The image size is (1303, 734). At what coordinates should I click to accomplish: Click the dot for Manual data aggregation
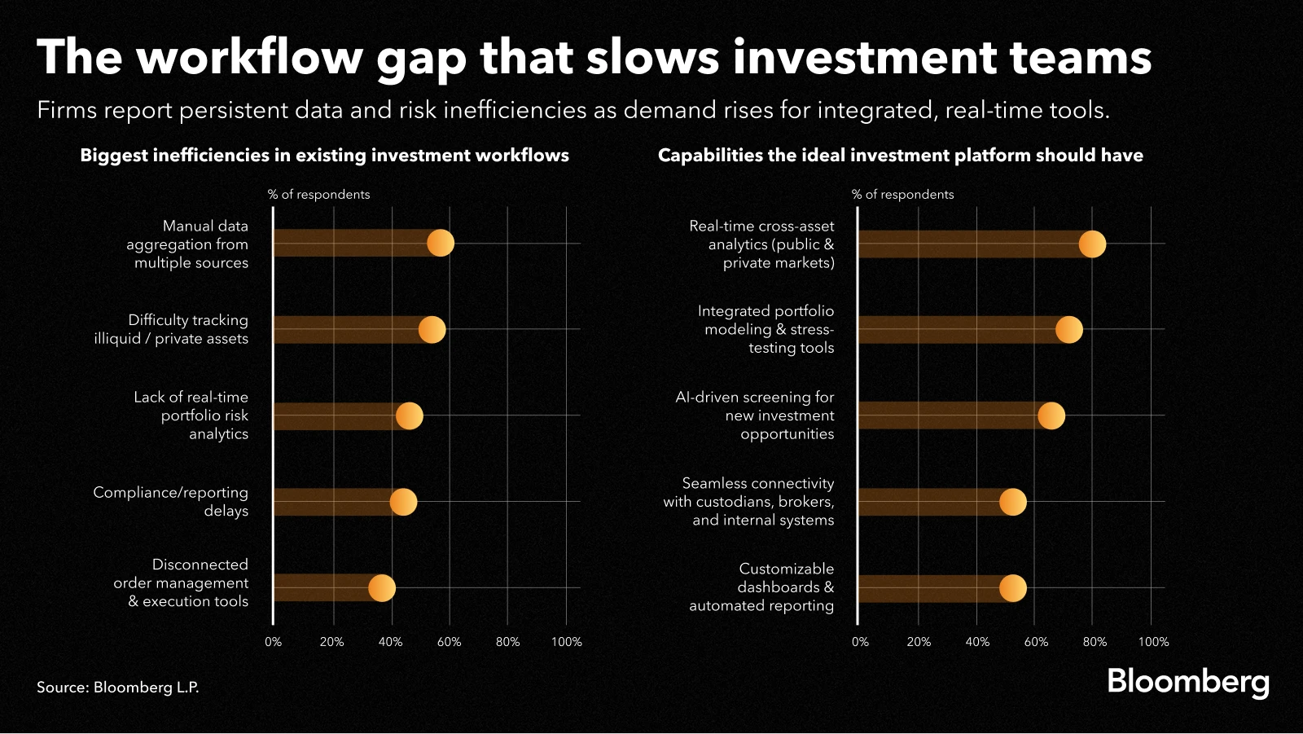coord(441,244)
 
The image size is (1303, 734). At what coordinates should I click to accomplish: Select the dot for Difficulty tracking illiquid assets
coord(432,330)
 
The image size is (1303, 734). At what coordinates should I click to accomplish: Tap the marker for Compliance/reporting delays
coord(403,502)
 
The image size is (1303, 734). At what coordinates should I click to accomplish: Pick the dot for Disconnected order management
coord(382,588)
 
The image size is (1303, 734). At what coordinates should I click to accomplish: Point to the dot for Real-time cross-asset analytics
coord(1092,244)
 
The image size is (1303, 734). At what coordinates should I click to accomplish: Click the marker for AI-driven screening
coord(1051,416)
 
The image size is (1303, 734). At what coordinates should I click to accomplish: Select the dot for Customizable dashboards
coord(1012,588)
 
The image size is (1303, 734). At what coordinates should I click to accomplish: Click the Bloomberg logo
coord(1187,681)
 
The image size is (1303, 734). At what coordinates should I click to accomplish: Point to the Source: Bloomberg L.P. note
coord(117,688)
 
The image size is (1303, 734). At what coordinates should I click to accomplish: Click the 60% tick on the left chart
coord(449,642)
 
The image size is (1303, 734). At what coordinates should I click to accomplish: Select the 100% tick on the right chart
coord(1153,642)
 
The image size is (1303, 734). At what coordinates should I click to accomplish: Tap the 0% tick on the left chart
coord(273,642)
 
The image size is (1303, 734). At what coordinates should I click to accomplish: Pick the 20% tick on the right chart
coord(919,642)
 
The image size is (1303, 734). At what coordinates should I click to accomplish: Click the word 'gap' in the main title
coord(421,59)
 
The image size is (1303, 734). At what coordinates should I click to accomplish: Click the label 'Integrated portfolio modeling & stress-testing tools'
coord(766,329)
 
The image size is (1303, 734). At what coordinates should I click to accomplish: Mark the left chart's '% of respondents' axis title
coord(318,195)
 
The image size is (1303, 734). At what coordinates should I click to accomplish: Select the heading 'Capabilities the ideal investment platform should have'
coord(900,156)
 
